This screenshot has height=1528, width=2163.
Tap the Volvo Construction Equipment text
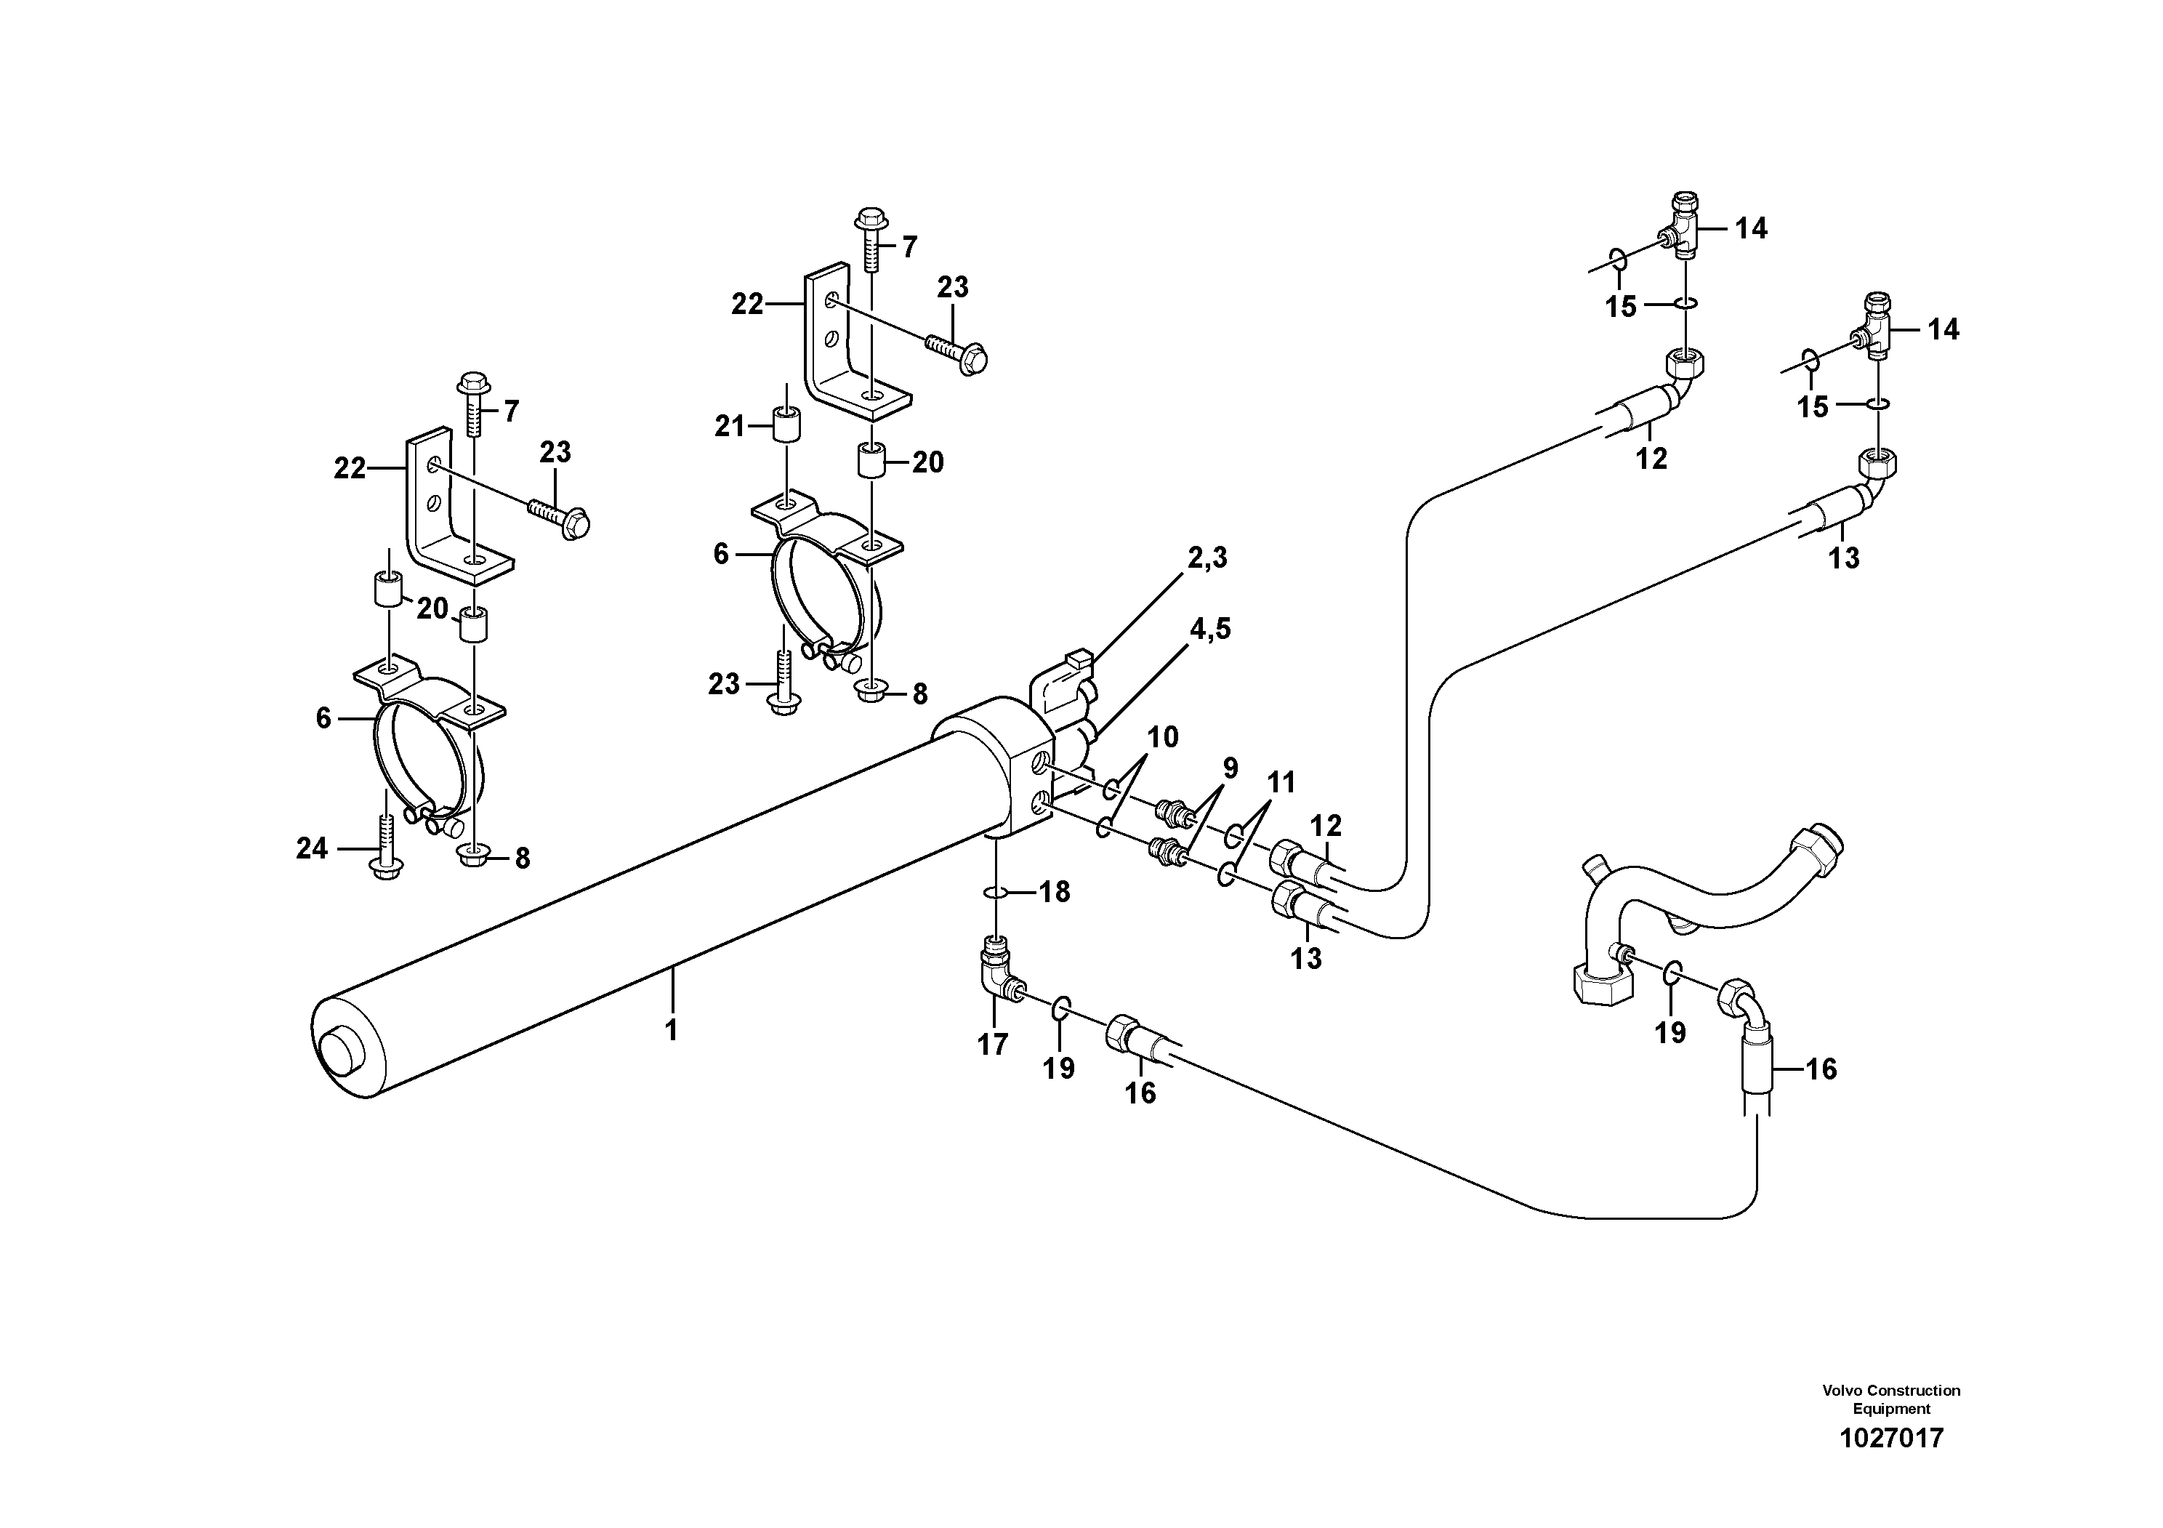[1890, 1398]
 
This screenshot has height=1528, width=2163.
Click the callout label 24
[312, 849]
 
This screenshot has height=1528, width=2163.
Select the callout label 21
[729, 427]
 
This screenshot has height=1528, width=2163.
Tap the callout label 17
[993, 1044]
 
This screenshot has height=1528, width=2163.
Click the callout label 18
[1054, 891]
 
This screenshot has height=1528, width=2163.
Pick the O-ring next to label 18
[996, 891]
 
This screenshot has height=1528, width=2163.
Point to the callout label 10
[1162, 738]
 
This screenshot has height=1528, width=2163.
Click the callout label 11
[1281, 783]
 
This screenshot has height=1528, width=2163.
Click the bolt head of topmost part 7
[869, 220]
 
